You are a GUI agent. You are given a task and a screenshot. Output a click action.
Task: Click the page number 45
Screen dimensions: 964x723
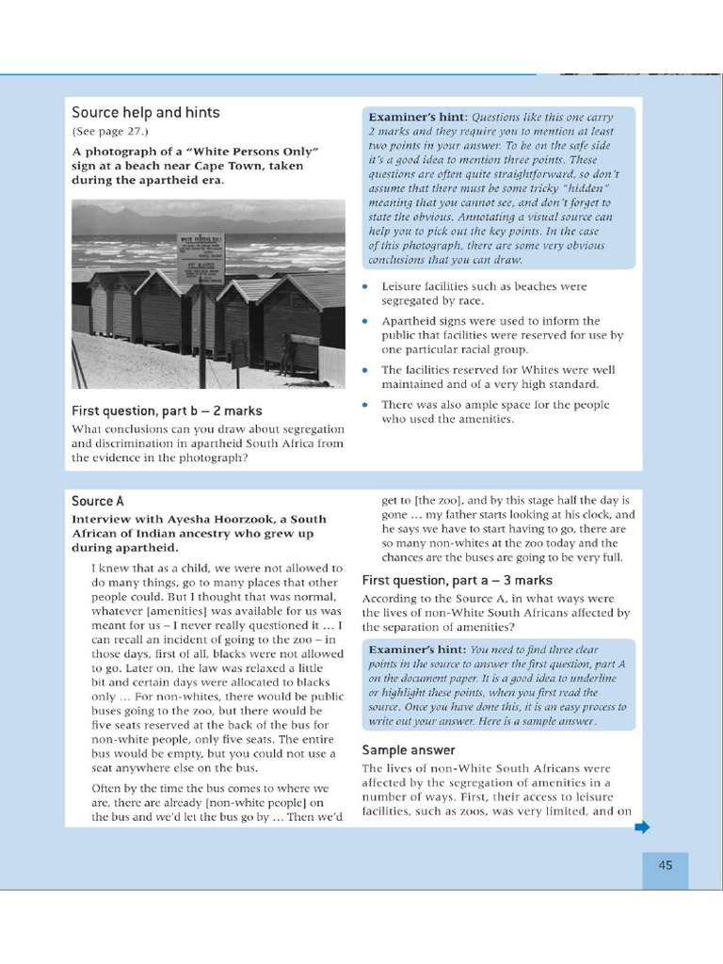(x=665, y=866)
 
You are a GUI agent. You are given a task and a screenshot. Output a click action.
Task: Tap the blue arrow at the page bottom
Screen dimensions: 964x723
(x=642, y=827)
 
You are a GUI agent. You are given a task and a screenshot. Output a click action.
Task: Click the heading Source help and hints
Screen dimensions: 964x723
(x=145, y=113)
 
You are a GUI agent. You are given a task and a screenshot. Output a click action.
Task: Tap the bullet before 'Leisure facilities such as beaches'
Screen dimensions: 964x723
(x=366, y=286)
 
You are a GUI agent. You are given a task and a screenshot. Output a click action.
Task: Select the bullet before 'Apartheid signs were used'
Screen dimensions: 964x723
(x=366, y=321)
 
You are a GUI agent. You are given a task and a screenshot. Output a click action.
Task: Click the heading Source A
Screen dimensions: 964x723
(x=98, y=502)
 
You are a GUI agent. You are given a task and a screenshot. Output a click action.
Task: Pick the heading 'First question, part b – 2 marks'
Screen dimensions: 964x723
(x=167, y=411)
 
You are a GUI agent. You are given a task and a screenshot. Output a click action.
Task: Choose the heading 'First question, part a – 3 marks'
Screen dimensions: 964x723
(x=457, y=581)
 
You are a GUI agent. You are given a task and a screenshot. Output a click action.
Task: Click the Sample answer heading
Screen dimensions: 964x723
(x=409, y=750)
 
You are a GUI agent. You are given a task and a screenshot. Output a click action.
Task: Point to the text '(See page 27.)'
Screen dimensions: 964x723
(x=110, y=132)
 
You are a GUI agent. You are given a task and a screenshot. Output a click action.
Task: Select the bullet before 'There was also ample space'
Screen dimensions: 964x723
(x=366, y=405)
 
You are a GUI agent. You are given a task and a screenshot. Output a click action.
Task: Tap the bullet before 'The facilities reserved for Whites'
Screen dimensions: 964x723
(x=366, y=370)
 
